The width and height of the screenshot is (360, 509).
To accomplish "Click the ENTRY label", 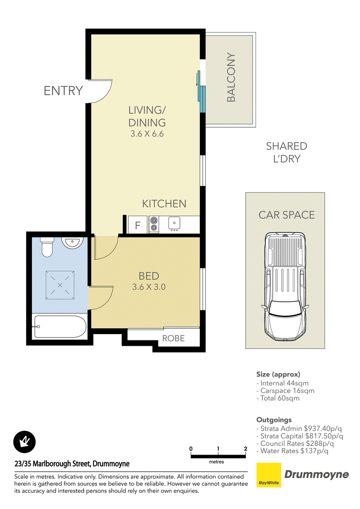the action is click(63, 91).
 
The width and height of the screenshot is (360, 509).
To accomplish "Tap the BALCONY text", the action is click(231, 77).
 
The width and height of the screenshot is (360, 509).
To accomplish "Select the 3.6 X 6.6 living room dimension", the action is click(147, 134).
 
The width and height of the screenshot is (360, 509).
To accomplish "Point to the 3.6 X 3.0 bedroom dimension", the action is click(149, 287).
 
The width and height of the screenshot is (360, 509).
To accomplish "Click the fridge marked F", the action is click(138, 225).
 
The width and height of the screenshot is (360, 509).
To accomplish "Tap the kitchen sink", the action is click(175, 223).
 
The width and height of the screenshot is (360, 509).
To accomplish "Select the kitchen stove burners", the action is click(154, 224).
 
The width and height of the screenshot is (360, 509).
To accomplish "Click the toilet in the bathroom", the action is click(47, 247).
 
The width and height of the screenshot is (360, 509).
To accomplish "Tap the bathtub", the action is click(60, 326).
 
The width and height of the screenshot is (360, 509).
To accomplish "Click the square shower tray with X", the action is click(60, 285).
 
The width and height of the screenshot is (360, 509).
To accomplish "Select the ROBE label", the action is click(174, 338).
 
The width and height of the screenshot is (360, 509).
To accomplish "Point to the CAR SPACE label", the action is click(287, 215).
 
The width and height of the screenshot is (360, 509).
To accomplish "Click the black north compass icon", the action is click(24, 442).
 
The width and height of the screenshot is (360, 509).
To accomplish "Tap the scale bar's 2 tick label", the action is click(246, 449).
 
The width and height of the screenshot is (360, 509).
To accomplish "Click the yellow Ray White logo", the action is click(269, 475).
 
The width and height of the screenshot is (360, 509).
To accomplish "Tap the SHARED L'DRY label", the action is click(287, 152).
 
